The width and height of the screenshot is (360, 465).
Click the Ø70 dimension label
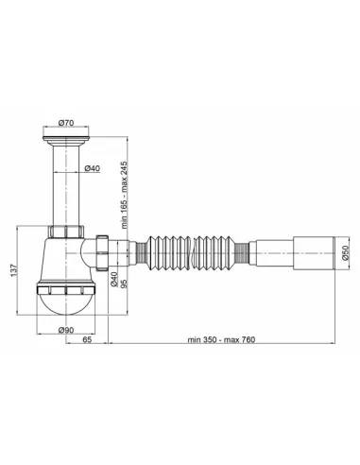pos(66,123)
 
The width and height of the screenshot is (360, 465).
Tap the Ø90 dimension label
pos(66,330)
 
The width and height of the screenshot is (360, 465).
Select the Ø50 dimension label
pos(346,252)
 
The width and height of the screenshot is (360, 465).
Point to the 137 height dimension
pos(13,270)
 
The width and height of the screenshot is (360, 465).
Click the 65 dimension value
pos(87,339)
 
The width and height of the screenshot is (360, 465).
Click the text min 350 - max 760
pos(221,339)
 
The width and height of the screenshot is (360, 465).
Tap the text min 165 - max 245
pos(124,195)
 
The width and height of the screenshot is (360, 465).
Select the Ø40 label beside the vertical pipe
pos(93,168)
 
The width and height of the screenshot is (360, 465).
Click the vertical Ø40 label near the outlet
pos(114,280)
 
